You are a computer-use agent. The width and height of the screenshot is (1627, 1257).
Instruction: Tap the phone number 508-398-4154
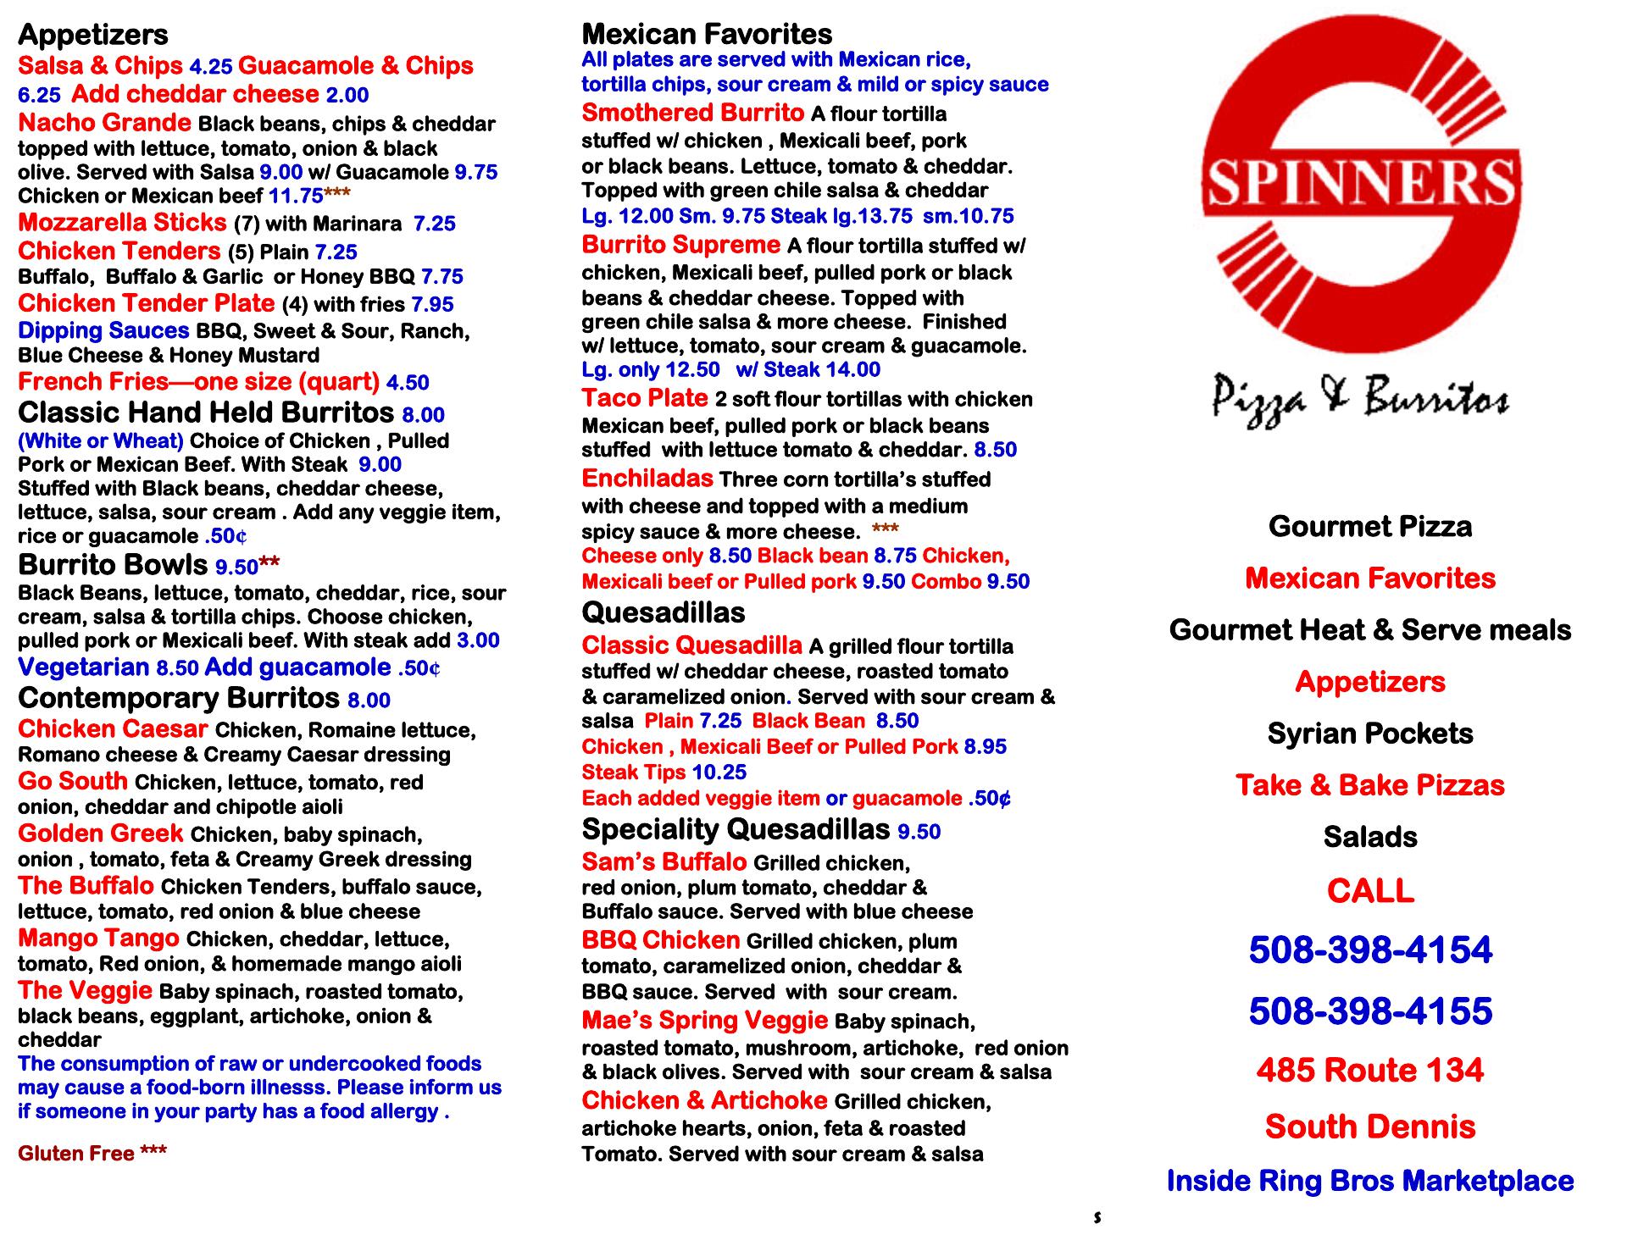[1370, 950]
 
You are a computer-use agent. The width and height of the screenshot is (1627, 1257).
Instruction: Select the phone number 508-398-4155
[1370, 1011]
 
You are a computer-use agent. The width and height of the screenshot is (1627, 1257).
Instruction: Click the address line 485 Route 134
[1370, 1070]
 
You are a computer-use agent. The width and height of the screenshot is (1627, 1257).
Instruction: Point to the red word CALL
[1370, 891]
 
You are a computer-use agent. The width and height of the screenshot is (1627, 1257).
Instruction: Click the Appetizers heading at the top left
[93, 35]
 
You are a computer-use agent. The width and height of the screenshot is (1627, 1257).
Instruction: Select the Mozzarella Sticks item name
[122, 223]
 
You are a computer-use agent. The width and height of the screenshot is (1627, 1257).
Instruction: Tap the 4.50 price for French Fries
[408, 383]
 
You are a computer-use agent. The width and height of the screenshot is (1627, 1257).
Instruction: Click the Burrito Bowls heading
[113, 564]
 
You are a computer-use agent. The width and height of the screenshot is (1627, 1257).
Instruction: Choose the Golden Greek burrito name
[100, 833]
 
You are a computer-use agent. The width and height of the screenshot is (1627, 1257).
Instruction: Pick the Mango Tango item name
[98, 939]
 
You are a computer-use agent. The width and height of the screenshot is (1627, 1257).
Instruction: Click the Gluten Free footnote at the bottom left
[92, 1153]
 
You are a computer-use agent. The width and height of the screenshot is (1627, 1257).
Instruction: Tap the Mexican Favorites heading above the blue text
[707, 34]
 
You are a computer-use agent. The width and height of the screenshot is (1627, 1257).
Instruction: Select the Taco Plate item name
[645, 398]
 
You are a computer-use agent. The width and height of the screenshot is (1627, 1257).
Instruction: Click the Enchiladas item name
[647, 479]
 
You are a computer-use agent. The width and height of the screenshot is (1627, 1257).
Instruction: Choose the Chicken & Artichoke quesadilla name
[704, 1100]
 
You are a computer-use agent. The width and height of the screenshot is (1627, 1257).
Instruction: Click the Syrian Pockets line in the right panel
[1370, 734]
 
